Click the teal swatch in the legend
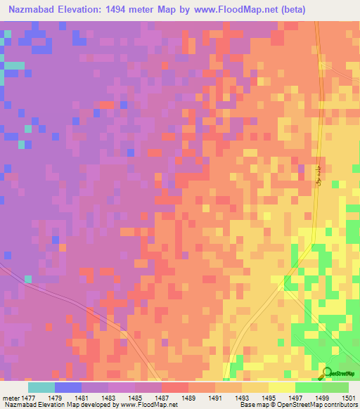(x=41, y=387)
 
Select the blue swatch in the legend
(x=68, y=387)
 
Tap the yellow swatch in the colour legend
(x=281, y=387)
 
